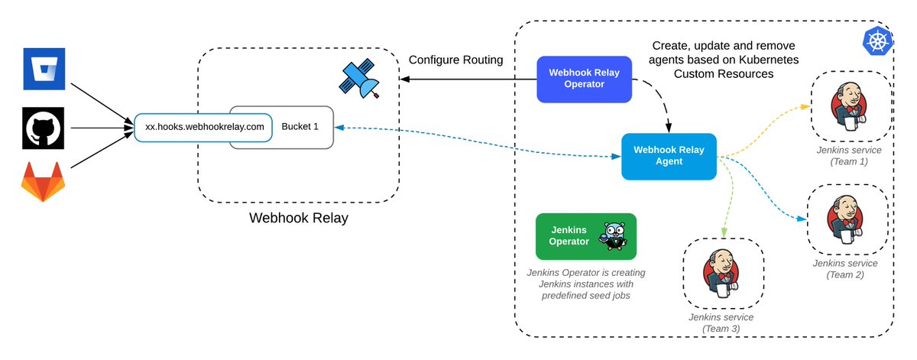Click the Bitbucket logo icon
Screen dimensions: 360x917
(41, 70)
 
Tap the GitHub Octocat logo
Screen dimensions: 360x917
(41, 127)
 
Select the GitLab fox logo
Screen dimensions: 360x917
(41, 182)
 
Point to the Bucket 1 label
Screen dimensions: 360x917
(300, 126)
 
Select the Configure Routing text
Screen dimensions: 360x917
(455, 60)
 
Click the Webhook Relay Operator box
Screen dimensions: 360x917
(585, 79)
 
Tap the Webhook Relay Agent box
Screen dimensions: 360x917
(669, 157)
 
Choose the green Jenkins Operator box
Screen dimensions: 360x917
(585, 236)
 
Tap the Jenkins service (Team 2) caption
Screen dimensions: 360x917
(844, 269)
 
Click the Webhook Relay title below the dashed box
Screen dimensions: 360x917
(298, 219)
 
